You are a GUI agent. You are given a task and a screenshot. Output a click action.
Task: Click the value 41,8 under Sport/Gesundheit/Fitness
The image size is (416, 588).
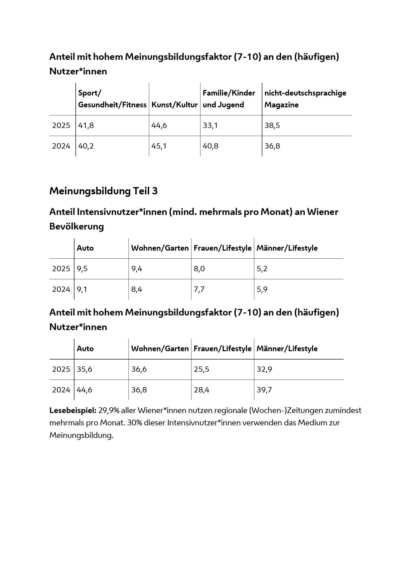(x=86, y=125)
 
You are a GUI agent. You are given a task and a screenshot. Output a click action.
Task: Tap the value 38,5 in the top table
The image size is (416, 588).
(x=272, y=125)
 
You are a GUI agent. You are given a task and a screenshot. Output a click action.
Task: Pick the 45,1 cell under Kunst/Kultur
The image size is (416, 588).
(x=159, y=146)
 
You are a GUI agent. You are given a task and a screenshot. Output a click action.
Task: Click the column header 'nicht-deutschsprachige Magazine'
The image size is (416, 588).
(x=305, y=99)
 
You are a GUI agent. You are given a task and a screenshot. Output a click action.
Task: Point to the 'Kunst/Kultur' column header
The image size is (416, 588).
(x=175, y=105)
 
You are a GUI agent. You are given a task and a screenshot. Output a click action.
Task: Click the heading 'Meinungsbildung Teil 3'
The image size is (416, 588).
(x=103, y=191)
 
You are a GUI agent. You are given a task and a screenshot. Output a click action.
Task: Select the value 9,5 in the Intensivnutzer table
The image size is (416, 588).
(x=82, y=269)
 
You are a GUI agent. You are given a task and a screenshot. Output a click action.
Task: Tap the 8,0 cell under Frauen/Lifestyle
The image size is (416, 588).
(x=199, y=269)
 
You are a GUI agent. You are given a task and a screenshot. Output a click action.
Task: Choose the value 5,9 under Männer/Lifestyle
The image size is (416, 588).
(x=262, y=289)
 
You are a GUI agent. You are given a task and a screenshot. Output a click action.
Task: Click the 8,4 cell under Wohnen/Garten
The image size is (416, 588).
(x=137, y=289)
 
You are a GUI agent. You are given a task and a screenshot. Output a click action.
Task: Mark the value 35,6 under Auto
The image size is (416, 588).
(x=84, y=369)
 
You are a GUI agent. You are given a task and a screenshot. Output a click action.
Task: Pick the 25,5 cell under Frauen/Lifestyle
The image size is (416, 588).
(x=201, y=369)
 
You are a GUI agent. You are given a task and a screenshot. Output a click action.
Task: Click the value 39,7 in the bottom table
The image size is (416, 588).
(x=264, y=390)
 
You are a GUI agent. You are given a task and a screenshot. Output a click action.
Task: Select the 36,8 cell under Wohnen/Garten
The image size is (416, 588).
(x=139, y=390)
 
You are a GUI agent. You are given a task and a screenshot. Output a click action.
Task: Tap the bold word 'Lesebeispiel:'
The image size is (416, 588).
(x=73, y=411)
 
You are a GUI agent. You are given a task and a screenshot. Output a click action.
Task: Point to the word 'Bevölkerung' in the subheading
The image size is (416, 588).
(x=77, y=227)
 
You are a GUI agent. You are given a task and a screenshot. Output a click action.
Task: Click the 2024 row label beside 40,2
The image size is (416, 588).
(x=61, y=146)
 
